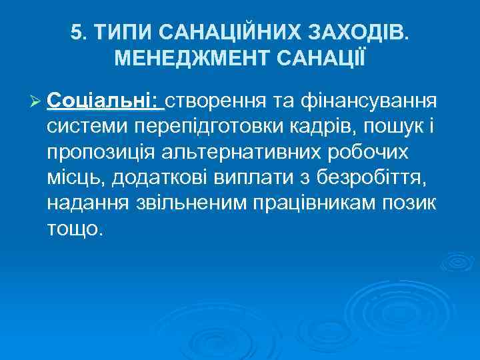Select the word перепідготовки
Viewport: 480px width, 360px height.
point(203,127)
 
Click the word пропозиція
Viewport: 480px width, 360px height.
point(99,152)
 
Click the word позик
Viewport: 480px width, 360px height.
point(414,203)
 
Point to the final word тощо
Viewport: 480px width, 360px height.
point(75,228)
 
